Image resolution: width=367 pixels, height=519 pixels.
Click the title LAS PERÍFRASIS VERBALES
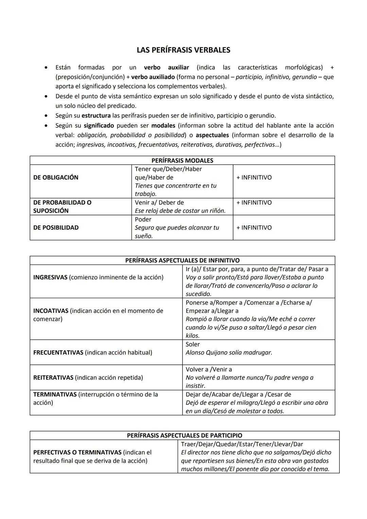point(183,50)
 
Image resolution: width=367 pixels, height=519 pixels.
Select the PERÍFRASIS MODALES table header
point(182,160)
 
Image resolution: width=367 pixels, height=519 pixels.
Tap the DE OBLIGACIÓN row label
point(56,177)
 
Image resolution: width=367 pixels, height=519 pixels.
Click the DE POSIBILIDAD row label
point(56,228)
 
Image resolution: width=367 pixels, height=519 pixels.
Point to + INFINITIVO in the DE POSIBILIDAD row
point(254,228)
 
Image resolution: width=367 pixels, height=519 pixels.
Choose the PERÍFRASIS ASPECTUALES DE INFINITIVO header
point(182,260)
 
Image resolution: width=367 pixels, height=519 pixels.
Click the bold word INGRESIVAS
point(50,277)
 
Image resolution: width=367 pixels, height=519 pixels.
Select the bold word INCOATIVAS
point(51,311)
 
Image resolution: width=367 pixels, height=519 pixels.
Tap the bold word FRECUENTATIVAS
point(58,353)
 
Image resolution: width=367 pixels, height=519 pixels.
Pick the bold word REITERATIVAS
point(53,378)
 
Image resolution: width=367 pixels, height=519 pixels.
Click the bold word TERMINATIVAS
point(55,394)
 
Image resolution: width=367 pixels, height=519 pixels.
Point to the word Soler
point(193,344)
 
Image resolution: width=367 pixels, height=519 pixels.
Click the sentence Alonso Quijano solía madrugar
point(229,353)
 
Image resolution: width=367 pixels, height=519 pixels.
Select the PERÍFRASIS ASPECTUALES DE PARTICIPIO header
point(185,435)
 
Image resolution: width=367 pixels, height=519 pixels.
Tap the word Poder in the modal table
point(143,219)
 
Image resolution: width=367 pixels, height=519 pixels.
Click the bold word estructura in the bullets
point(96,115)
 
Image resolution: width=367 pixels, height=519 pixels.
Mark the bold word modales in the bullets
point(163,125)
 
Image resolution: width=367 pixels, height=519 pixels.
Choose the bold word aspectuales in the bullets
point(212,135)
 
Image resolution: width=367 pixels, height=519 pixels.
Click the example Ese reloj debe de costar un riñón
point(180,211)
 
